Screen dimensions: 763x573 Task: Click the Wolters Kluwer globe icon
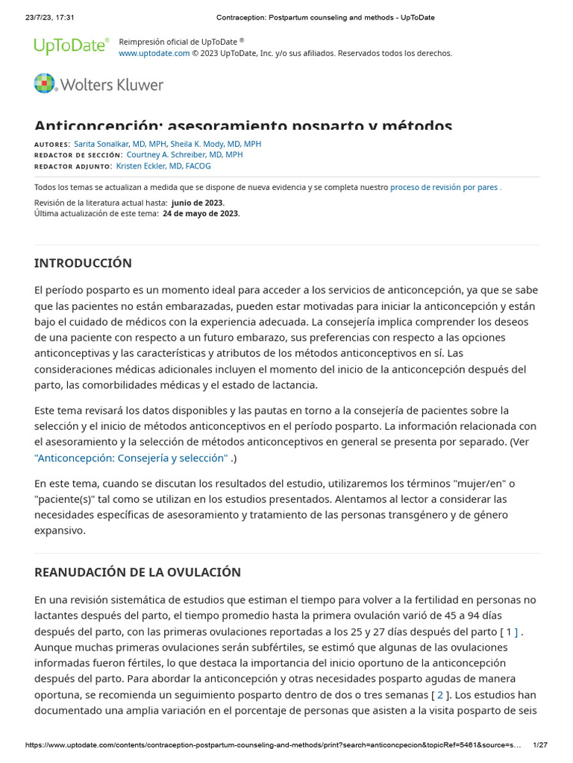[x=45, y=83]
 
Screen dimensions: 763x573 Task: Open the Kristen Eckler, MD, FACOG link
[x=163, y=166]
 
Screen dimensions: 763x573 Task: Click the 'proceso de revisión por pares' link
[x=444, y=188]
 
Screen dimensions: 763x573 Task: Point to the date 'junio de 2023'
[x=197, y=203]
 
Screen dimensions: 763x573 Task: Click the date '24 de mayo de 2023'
[x=201, y=213]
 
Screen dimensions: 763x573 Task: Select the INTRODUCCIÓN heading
[x=83, y=263]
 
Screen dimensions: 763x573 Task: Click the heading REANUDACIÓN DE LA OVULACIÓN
[x=137, y=572]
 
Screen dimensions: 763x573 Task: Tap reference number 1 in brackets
[x=510, y=632]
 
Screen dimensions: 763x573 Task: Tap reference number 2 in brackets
[x=440, y=694]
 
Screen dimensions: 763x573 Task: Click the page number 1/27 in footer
[x=540, y=745]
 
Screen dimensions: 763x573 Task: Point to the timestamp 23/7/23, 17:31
[x=45, y=17]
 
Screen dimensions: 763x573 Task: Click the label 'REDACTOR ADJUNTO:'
[x=73, y=167]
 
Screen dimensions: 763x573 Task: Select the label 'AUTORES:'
[x=52, y=145]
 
